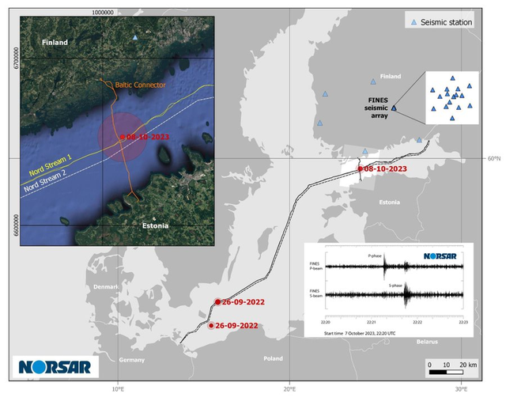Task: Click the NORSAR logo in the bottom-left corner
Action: (55, 367)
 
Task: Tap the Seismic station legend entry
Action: (446, 22)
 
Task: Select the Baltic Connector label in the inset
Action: (140, 84)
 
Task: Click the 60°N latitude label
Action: (493, 158)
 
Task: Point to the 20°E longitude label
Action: (289, 390)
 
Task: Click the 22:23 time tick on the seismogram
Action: (463, 322)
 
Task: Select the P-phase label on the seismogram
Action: (376, 256)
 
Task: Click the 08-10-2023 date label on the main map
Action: (386, 168)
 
